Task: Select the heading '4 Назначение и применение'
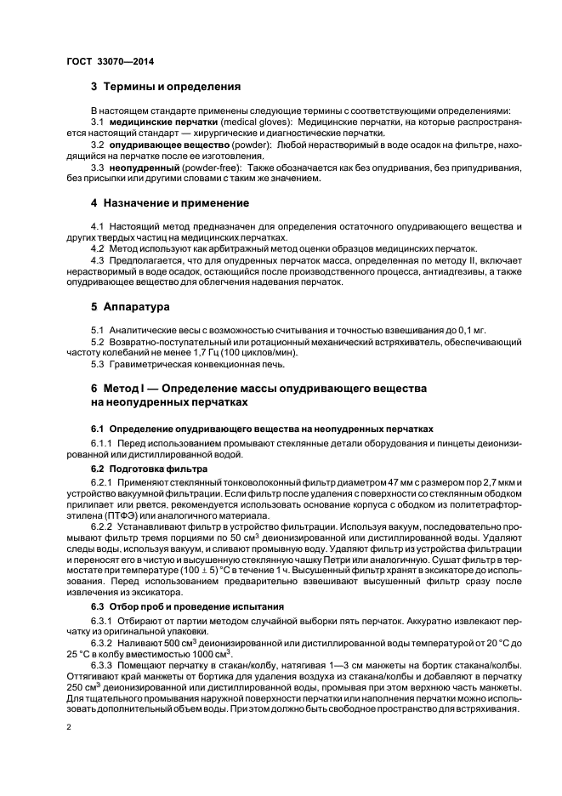point(170,203)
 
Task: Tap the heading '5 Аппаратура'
point(129,305)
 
